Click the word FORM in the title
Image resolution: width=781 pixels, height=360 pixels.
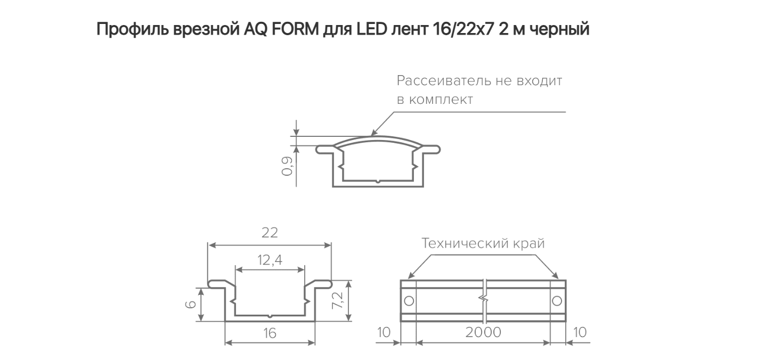coord(295,29)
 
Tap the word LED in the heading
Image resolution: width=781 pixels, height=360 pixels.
coord(372,29)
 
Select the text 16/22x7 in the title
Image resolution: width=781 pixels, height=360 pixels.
coord(462,29)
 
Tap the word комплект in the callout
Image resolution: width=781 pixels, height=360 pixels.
coord(441,100)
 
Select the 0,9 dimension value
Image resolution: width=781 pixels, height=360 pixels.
coord(287,166)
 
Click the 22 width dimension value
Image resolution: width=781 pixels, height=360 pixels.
coord(270,232)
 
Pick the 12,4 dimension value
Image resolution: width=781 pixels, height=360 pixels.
coord(270,260)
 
